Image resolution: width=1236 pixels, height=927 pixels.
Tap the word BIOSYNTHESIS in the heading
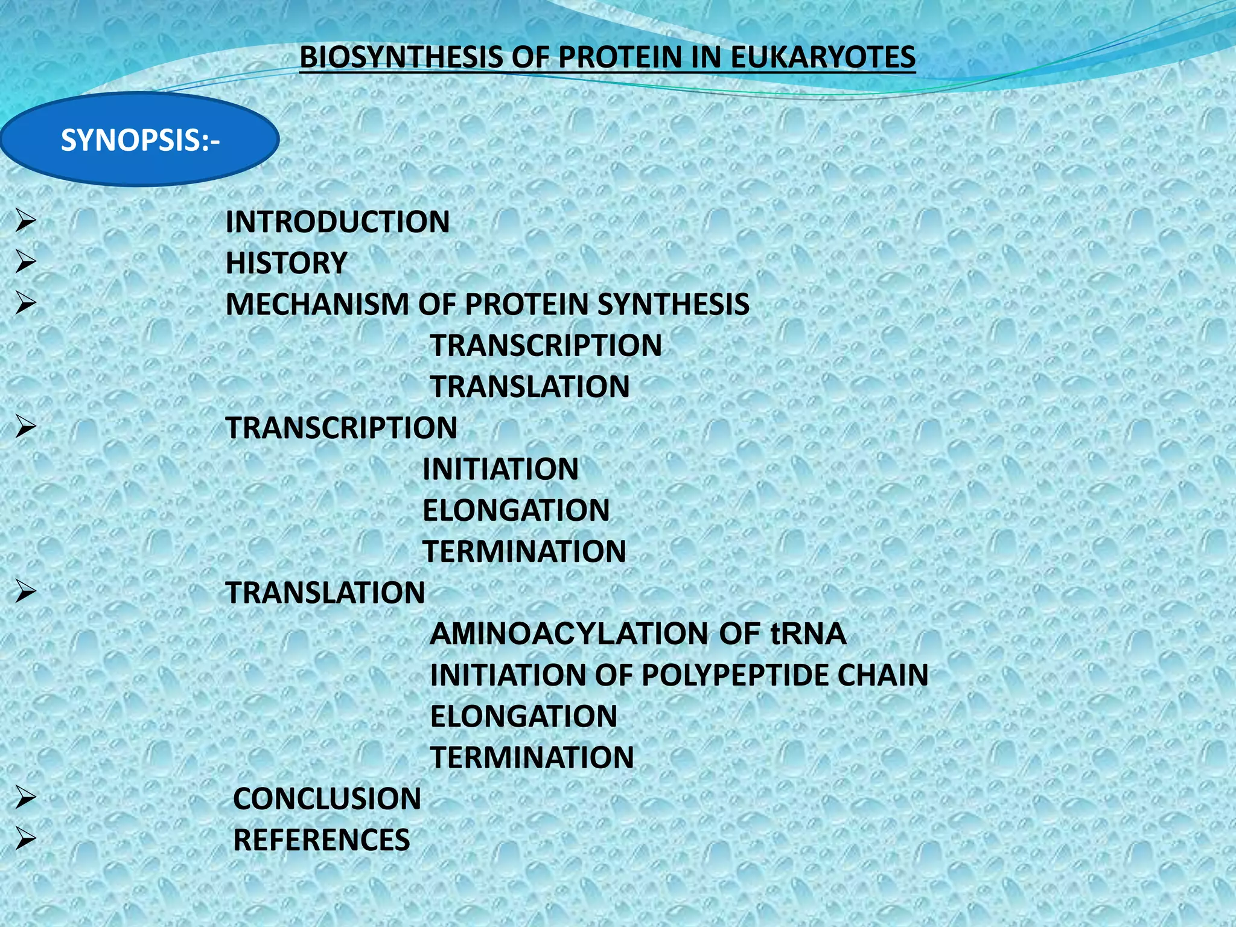tap(401, 57)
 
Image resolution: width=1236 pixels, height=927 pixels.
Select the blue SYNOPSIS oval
tap(139, 139)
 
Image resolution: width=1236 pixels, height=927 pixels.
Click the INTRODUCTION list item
tap(337, 221)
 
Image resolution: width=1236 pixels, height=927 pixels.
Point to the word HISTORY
tap(286, 263)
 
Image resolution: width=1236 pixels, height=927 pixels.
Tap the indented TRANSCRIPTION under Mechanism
tap(546, 345)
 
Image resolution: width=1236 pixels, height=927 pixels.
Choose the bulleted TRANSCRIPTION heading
tap(341, 428)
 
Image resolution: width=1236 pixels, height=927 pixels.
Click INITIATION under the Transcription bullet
tap(500, 469)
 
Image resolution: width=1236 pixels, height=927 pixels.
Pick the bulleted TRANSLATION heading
tap(325, 593)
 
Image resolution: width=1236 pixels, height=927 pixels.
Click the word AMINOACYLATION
tap(569, 634)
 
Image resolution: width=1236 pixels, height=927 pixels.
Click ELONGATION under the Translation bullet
tap(523, 716)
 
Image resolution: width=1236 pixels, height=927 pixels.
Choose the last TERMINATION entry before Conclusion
tap(532, 757)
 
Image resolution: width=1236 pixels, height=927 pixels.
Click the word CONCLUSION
tap(327, 798)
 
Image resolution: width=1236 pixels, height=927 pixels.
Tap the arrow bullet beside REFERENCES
tap(26, 838)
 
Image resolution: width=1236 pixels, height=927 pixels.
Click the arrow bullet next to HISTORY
tap(26, 262)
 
